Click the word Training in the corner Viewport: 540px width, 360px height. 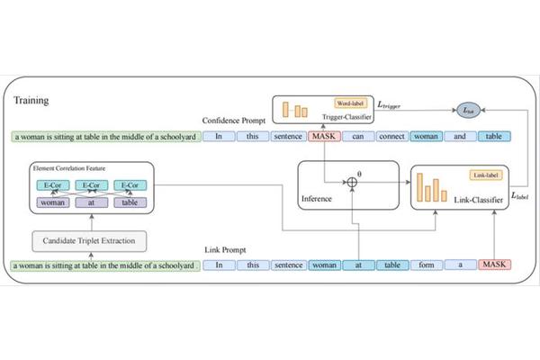click(x=31, y=100)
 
